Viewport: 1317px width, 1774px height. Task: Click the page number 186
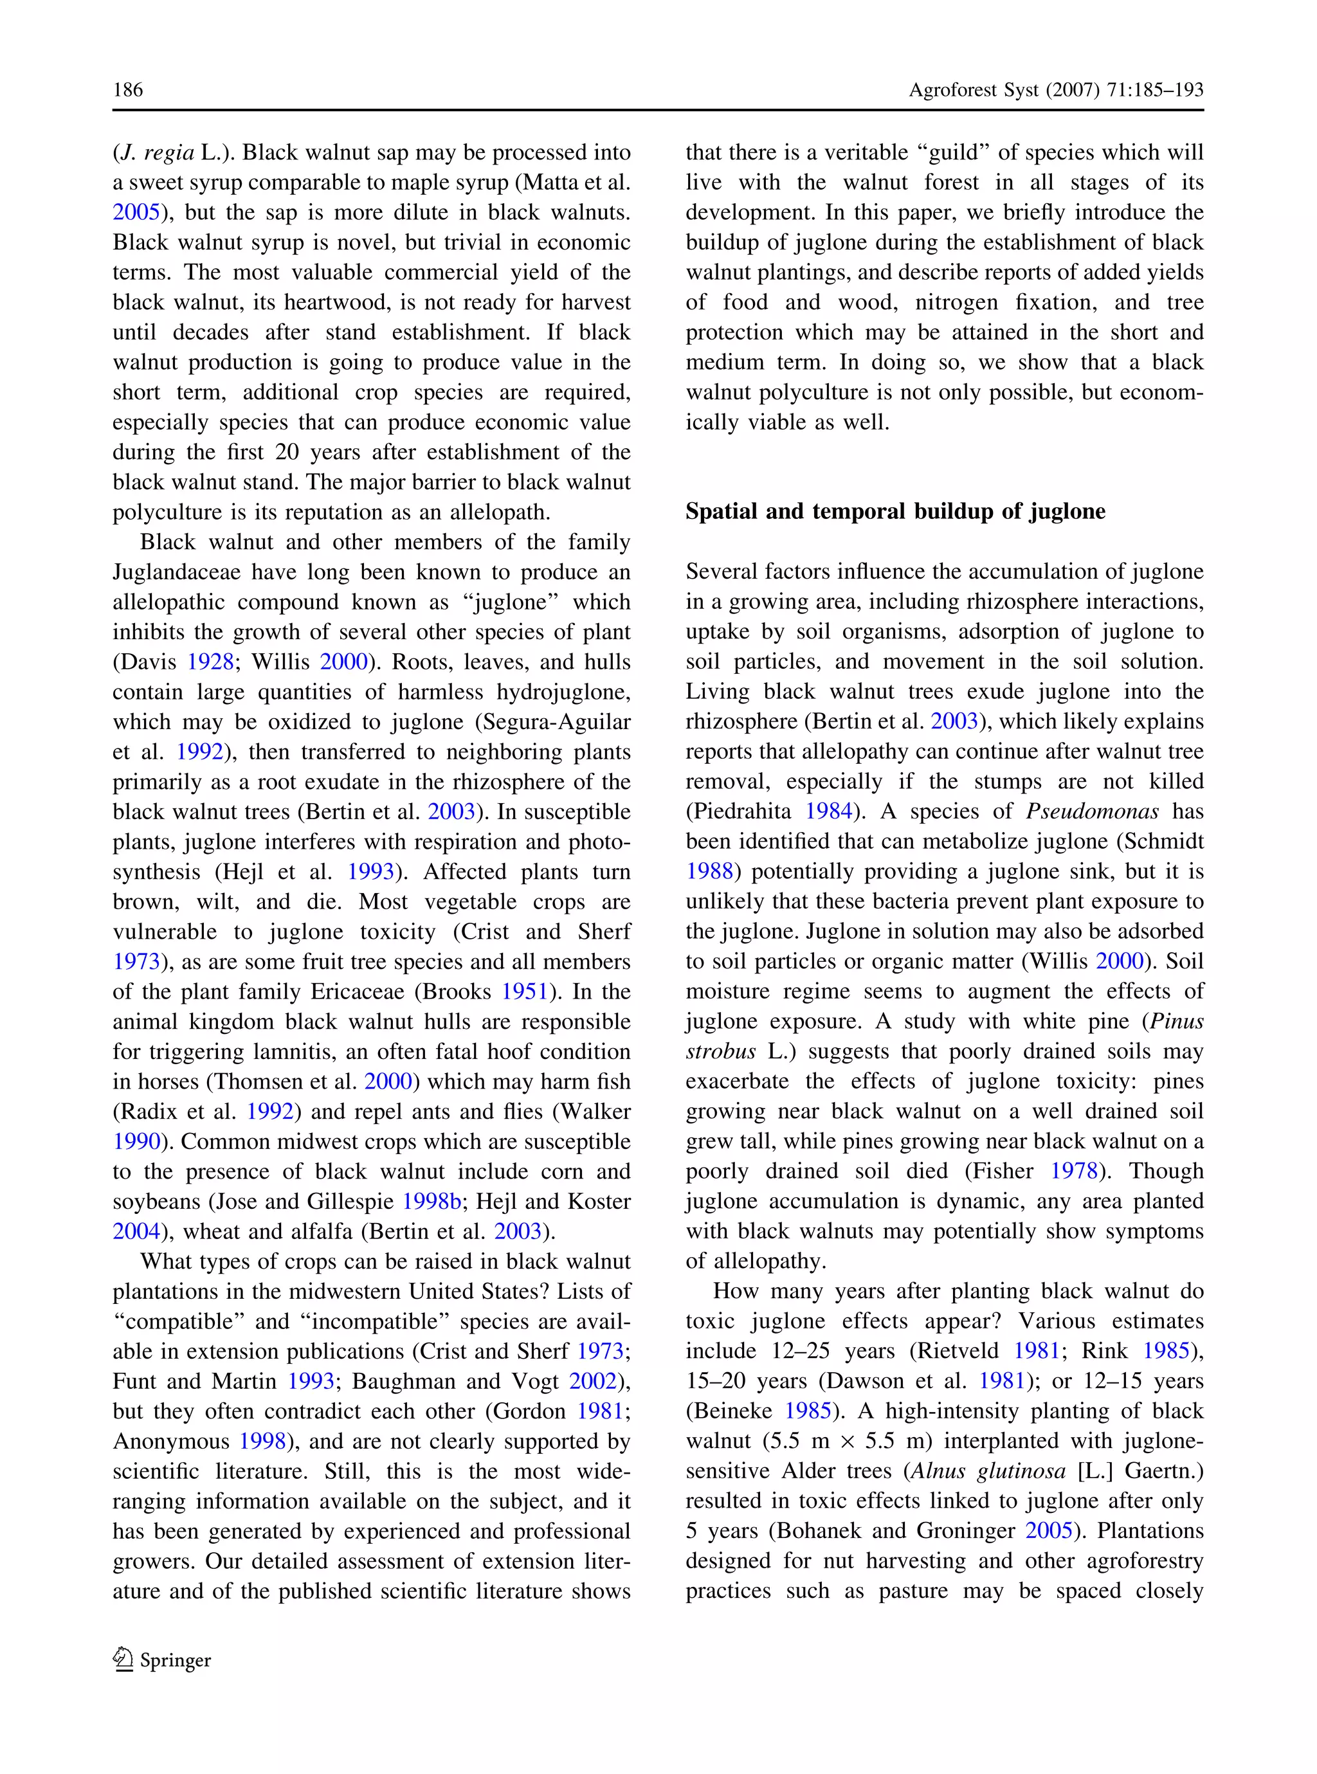[127, 89]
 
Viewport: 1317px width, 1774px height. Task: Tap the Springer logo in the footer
[163, 1660]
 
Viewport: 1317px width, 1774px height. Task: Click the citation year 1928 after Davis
[210, 662]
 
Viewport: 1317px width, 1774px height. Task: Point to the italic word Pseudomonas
[1091, 811]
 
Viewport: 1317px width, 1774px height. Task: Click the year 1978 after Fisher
[1073, 1171]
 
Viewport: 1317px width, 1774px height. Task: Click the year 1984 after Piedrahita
[828, 811]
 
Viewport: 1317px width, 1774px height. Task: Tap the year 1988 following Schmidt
[709, 871]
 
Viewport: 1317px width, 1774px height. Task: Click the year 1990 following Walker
[136, 1141]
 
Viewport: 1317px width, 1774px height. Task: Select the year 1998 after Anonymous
[262, 1441]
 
